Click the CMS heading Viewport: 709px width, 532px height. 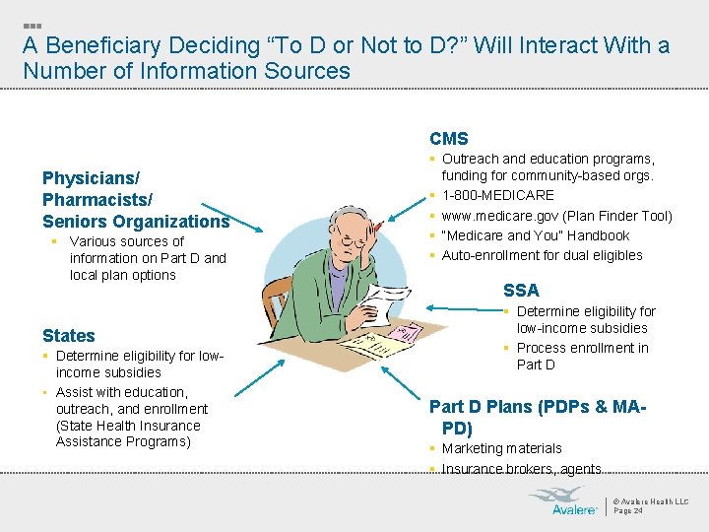point(449,139)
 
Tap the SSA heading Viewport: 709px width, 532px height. point(521,290)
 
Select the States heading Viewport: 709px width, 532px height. point(69,336)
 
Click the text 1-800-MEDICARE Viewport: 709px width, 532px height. point(498,195)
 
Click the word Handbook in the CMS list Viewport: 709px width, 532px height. point(601,235)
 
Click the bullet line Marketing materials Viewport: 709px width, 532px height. point(502,448)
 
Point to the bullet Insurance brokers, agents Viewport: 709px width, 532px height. point(521,469)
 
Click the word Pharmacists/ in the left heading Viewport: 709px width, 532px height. point(97,200)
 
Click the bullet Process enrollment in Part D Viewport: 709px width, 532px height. point(582,356)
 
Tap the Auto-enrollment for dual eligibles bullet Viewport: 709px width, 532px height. point(542,255)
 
